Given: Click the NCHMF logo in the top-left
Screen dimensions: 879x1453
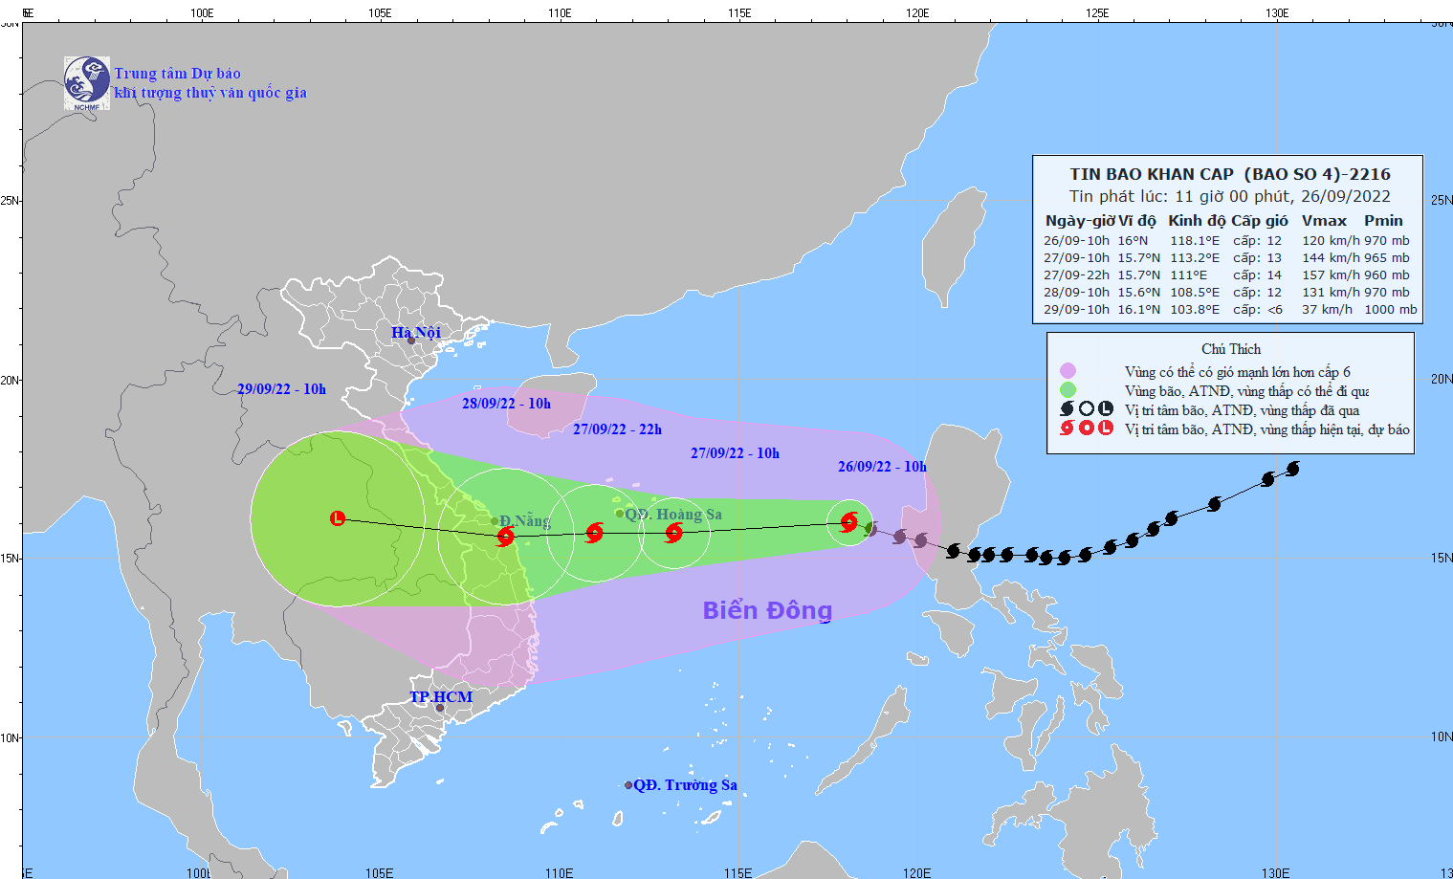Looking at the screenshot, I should (86, 82).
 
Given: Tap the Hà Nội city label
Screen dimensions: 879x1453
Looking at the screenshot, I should (416, 332).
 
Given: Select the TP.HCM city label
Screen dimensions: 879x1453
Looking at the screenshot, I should (441, 696).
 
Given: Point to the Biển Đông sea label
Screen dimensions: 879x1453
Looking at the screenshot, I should (767, 610).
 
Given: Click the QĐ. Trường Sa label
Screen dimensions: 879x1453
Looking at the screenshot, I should (685, 785).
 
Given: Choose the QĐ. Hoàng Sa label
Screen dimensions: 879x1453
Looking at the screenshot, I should (673, 515).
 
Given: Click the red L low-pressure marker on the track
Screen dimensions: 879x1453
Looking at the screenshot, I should (338, 518).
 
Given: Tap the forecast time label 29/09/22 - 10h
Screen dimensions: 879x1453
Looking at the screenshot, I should (281, 389).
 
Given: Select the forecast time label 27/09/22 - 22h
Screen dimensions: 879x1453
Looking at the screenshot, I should (617, 429).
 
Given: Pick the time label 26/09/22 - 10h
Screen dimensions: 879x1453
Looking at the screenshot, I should (882, 467).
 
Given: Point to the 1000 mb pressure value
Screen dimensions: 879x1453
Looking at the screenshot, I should (1391, 310).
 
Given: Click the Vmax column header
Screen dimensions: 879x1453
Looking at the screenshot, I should (1324, 221).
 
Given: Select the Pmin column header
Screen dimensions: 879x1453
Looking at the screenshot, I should (1383, 221).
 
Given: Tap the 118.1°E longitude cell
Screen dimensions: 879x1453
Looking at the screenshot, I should (1195, 241).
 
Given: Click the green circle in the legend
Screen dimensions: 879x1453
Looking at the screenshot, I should (1068, 390).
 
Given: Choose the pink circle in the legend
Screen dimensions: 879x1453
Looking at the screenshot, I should (1068, 371).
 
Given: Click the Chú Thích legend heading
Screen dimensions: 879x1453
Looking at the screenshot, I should (1231, 349).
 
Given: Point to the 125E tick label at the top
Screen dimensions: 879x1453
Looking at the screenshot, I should (1097, 13).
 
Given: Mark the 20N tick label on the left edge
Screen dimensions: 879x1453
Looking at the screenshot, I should (10, 380).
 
